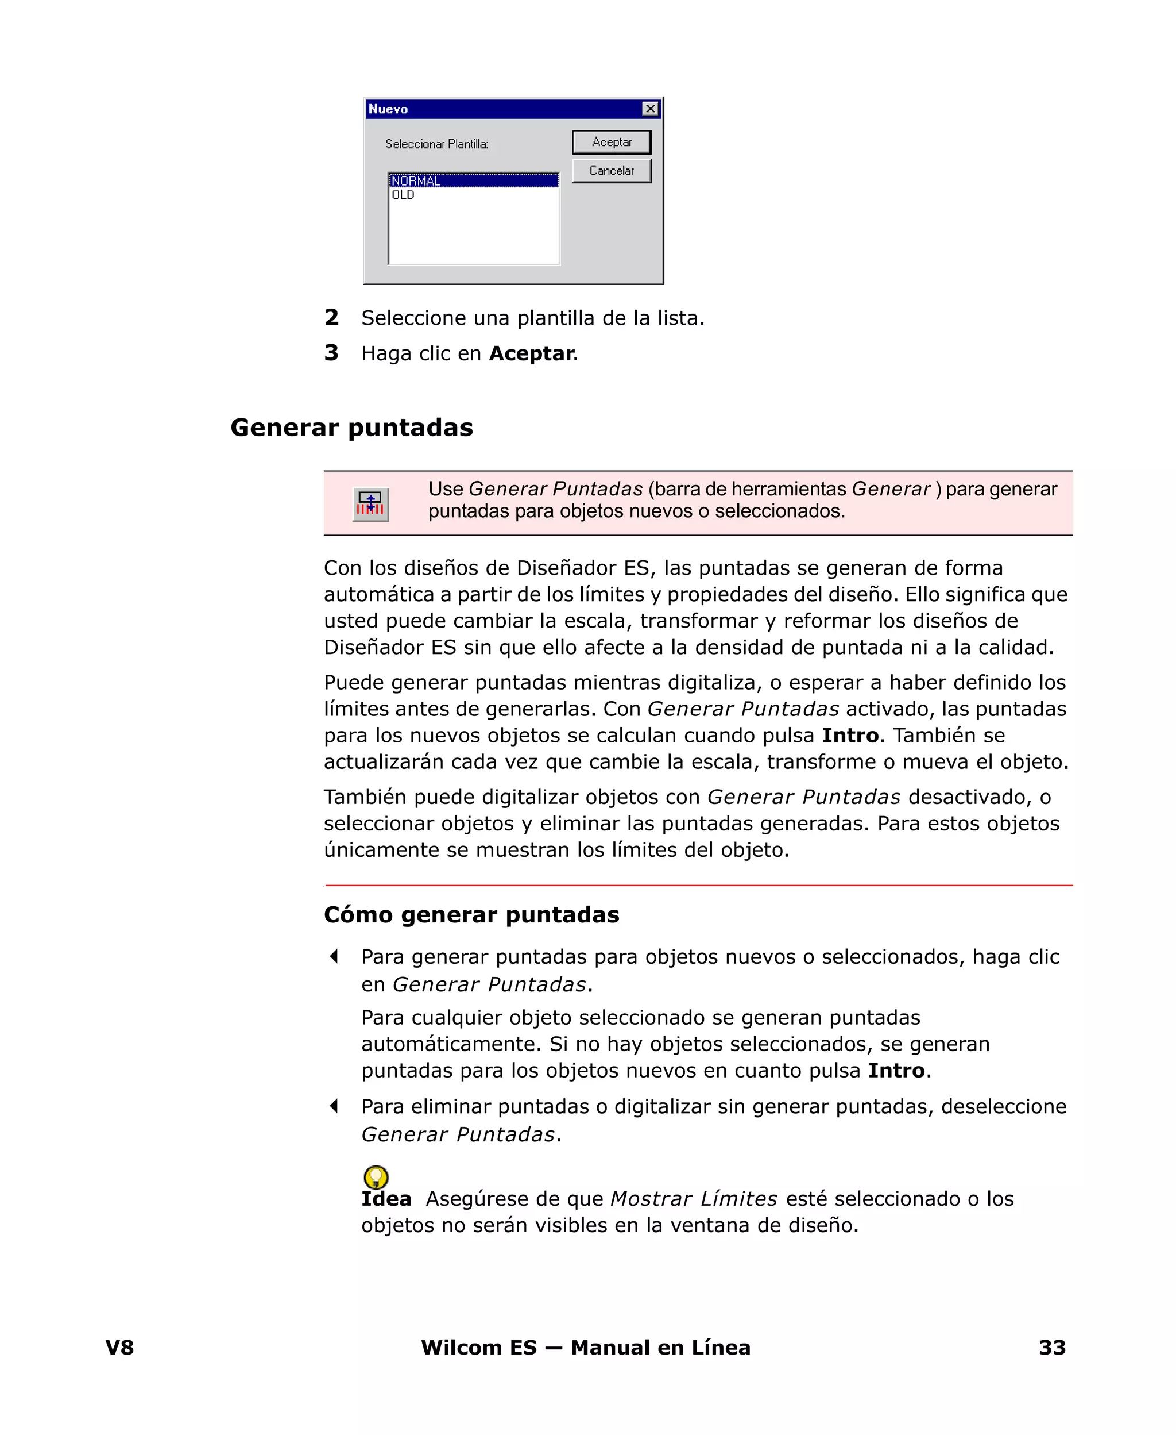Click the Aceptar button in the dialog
tap(611, 143)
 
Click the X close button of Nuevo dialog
tap(649, 109)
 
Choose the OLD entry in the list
tap(403, 195)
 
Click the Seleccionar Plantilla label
tap(436, 144)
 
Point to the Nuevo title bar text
tap(388, 109)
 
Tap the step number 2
tap(331, 317)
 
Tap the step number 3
tap(331, 352)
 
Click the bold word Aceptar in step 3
tap(532, 353)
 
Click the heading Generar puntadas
tap(351, 428)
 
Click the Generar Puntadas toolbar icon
tap(370, 505)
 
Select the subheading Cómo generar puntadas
tap(471, 914)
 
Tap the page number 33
tap(1052, 1348)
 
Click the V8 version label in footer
tap(120, 1348)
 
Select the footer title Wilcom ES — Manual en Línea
tap(585, 1348)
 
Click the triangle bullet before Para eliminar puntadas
tap(334, 1106)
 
